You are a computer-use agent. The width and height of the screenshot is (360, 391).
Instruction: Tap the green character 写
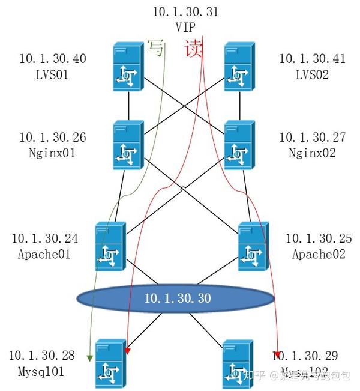[x=155, y=47]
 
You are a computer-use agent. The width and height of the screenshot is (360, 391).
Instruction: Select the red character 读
[x=193, y=47]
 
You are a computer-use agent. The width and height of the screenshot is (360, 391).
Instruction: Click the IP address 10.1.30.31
[x=186, y=11]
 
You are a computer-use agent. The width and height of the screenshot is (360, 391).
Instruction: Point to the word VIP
[x=186, y=26]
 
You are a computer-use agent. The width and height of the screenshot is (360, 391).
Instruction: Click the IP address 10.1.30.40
[x=53, y=58]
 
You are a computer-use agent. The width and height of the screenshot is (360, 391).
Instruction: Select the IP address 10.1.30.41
[x=313, y=58]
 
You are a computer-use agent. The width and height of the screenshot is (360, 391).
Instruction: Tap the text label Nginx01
[x=53, y=153]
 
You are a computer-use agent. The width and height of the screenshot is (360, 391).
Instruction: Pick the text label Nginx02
[x=313, y=153]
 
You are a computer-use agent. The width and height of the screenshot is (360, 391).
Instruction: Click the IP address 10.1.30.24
[x=44, y=239]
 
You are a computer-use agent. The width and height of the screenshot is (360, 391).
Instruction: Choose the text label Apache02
[x=319, y=254]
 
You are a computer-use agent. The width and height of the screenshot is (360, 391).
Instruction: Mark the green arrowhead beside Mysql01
[x=89, y=359]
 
